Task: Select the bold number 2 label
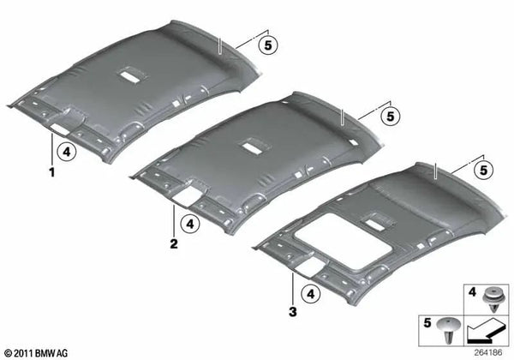pos(173,243)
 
